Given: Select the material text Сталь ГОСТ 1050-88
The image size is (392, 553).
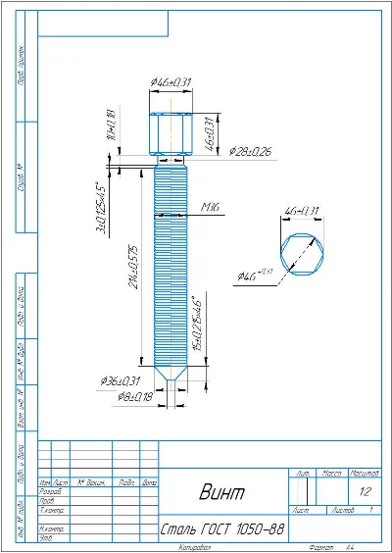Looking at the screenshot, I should click(x=223, y=529).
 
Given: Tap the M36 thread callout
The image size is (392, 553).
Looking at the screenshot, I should click(x=208, y=208).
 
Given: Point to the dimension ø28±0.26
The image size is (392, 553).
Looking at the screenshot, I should click(x=251, y=152).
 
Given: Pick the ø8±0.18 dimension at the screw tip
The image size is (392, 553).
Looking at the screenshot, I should click(x=123, y=397).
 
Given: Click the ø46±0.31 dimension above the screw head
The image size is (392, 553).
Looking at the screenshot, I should click(x=171, y=81).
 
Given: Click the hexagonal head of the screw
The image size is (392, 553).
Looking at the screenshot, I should click(x=171, y=131).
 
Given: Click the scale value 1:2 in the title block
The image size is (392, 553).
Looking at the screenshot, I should click(x=366, y=491).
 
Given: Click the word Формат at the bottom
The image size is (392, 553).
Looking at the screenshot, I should click(x=319, y=547).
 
